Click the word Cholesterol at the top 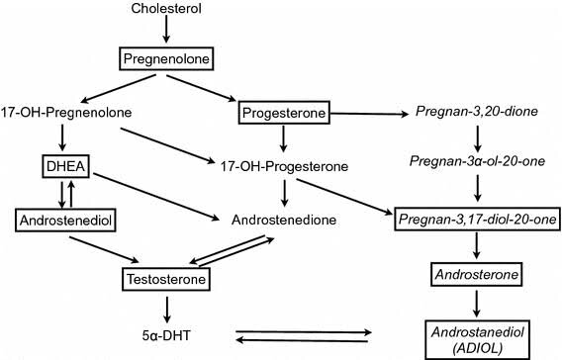tap(166, 8)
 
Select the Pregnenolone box tap(166, 58)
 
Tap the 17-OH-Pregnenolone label tap(66, 113)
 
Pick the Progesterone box tap(284, 113)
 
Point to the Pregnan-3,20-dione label tap(477, 112)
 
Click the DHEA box tap(65, 166)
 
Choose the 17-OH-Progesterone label tap(284, 166)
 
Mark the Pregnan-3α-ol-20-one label tap(477, 161)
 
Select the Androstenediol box tap(65, 220)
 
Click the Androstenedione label tap(284, 220)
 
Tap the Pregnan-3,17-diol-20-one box tap(477, 219)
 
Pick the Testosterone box tap(166, 279)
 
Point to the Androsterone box tap(476, 274)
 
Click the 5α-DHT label tap(166, 335)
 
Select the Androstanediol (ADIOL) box tap(478, 340)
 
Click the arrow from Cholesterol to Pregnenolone tap(166, 29)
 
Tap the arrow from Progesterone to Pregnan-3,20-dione tap(369, 114)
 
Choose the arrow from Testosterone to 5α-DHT tap(166, 310)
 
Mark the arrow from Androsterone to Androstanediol tap(476, 304)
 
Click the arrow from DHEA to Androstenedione tap(156, 197)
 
